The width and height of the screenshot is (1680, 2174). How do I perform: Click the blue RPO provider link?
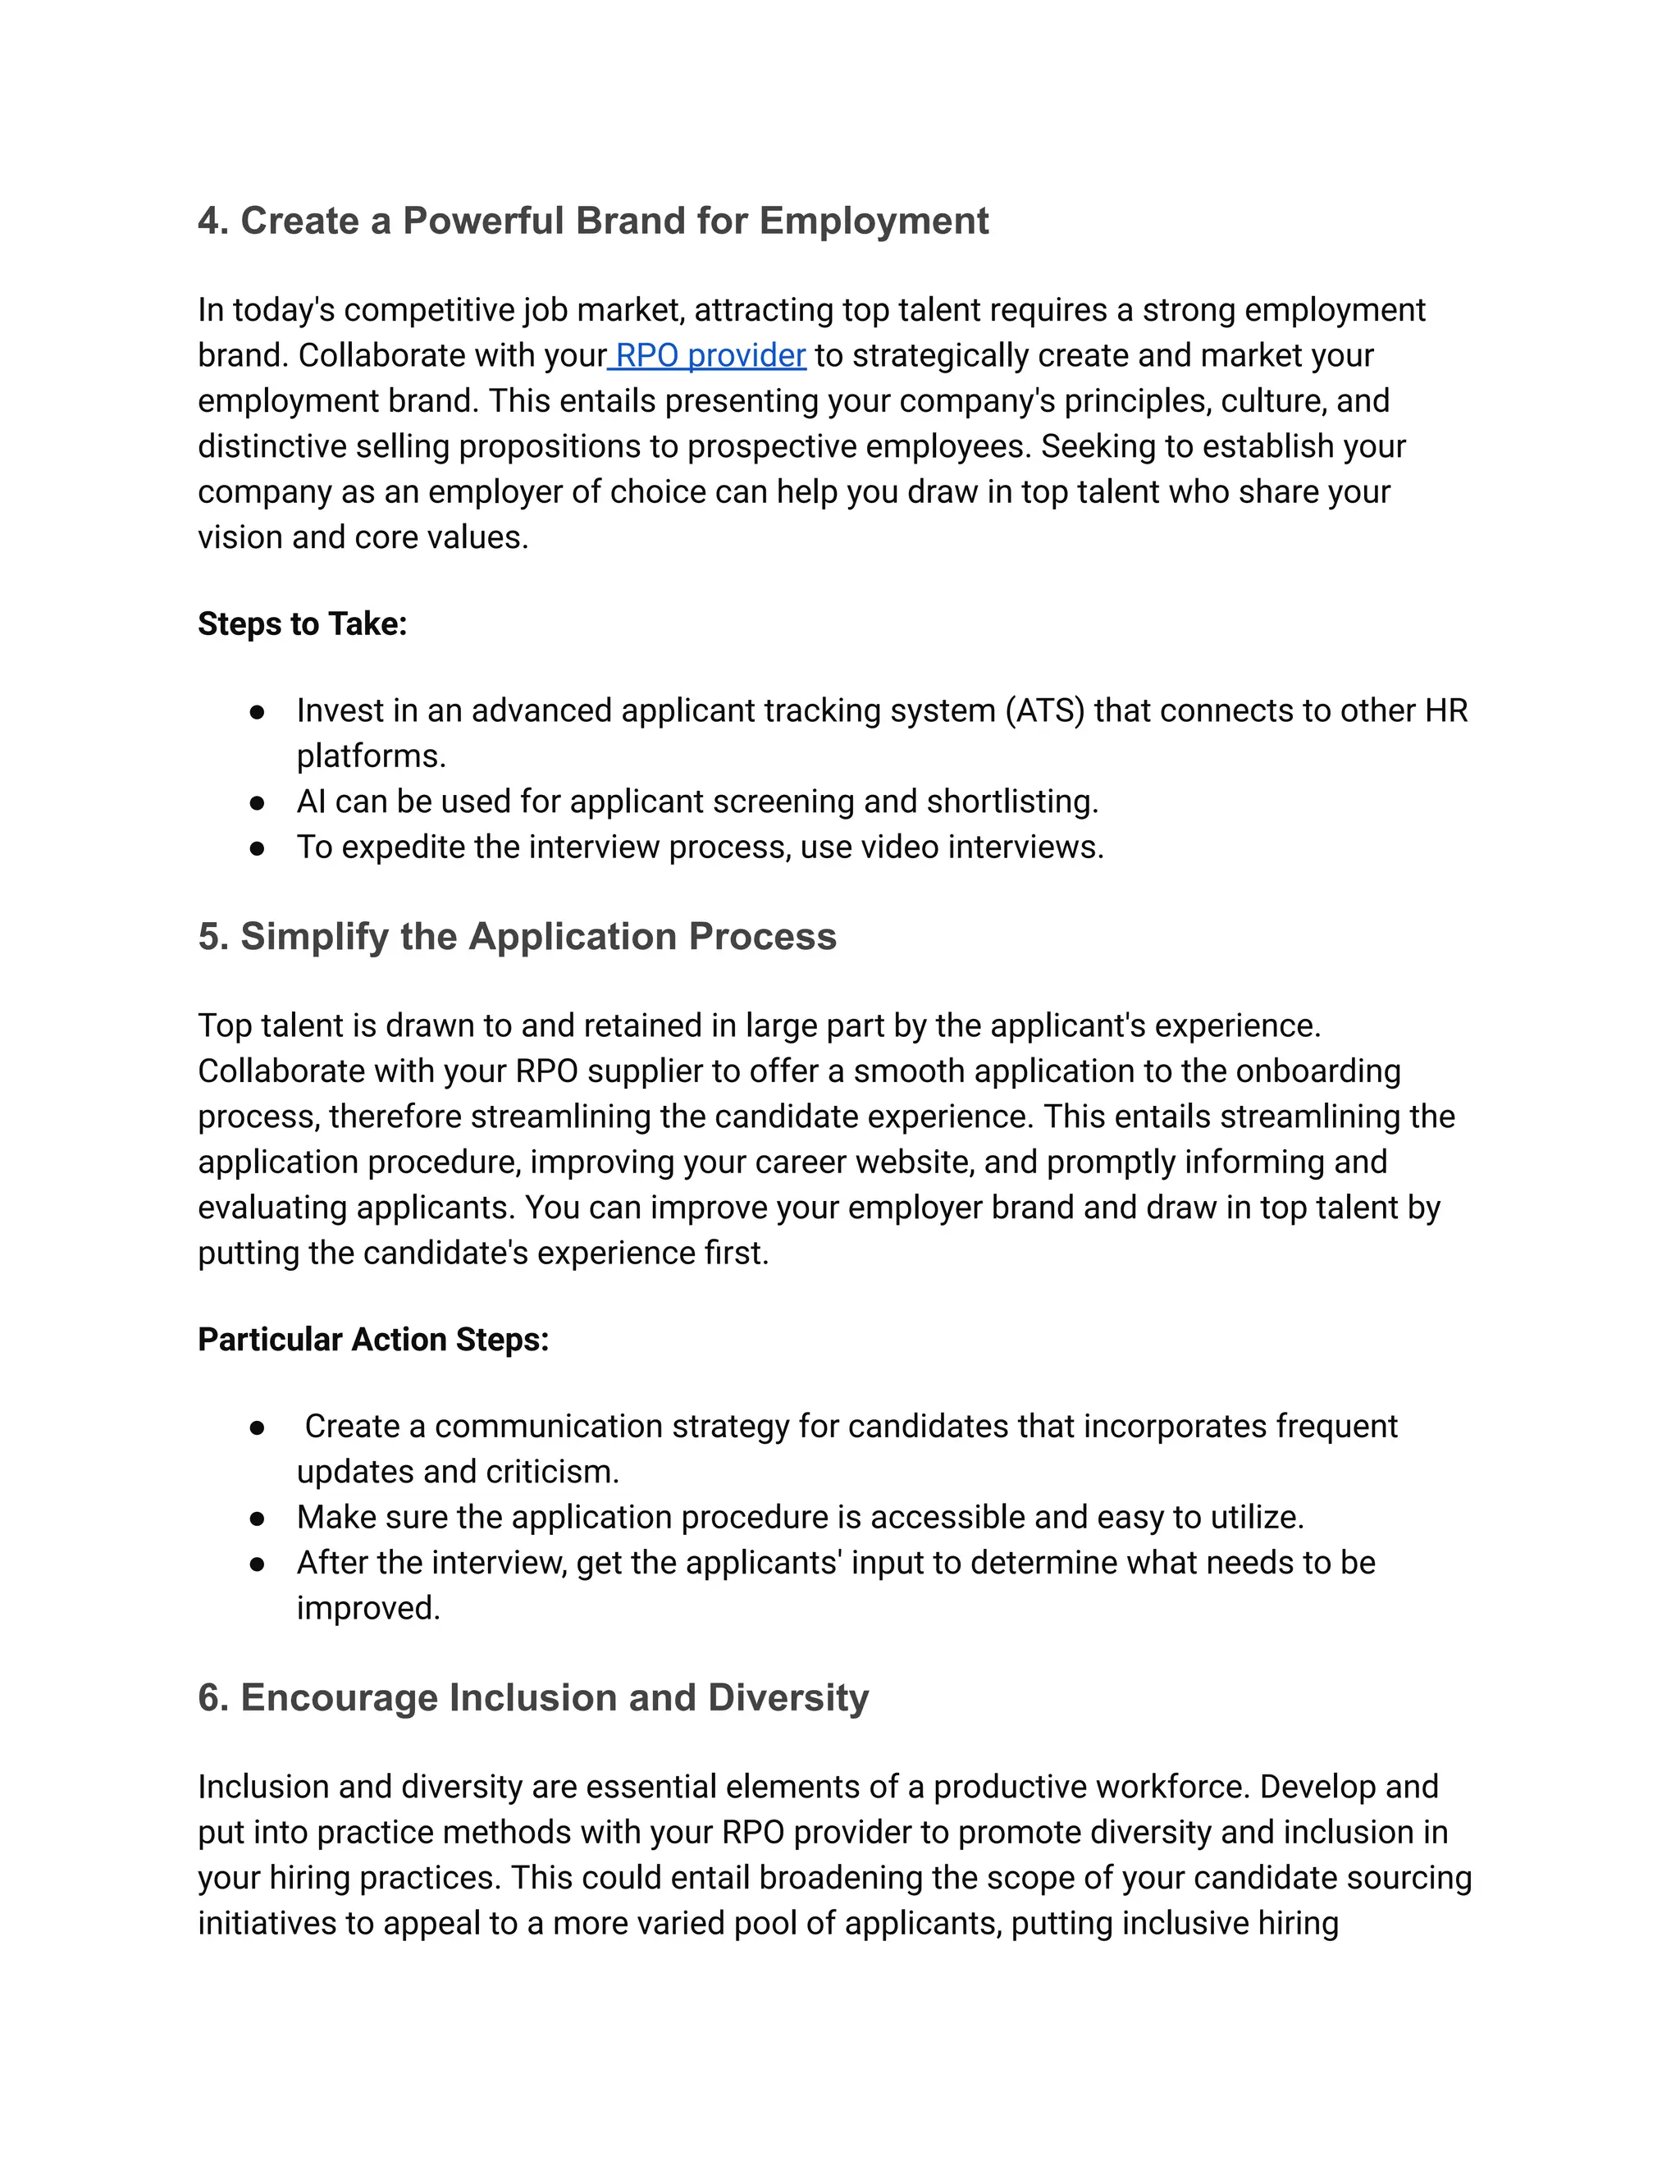coord(710,355)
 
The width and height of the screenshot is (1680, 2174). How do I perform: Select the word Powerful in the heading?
coord(482,221)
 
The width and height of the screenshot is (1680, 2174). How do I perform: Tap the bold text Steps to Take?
coord(303,624)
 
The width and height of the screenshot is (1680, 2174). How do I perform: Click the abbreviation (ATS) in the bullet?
coord(1044,710)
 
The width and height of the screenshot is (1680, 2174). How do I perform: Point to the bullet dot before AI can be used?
coord(258,802)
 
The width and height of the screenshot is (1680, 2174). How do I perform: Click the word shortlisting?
coord(1011,802)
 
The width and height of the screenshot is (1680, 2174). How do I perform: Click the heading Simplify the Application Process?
coord(537,937)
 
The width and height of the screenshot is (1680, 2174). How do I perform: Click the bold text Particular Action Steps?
coord(373,1340)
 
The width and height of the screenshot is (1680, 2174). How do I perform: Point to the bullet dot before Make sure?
coord(258,1518)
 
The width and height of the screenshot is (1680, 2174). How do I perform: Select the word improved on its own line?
coord(367,1608)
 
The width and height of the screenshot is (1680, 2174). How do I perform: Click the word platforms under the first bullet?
coord(370,756)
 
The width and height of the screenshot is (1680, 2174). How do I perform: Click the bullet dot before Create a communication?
coord(258,1427)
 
